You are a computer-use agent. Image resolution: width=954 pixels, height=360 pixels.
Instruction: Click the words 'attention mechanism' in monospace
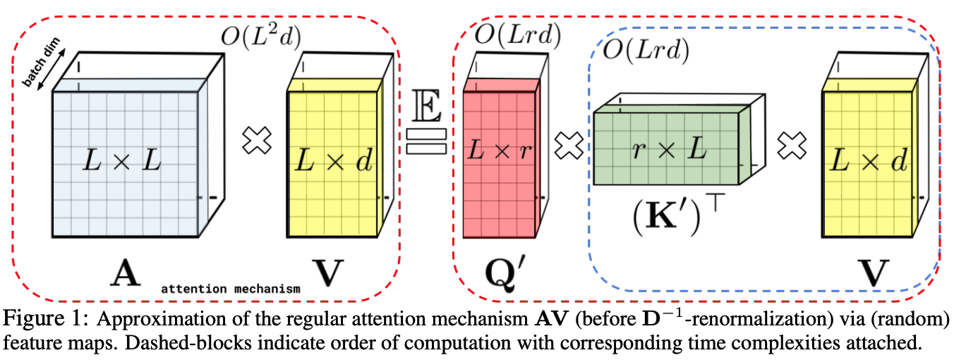click(x=231, y=289)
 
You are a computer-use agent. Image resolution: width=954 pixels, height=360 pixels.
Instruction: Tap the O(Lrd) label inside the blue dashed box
click(x=648, y=49)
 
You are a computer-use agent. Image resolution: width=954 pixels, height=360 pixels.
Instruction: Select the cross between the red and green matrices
click(x=568, y=147)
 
